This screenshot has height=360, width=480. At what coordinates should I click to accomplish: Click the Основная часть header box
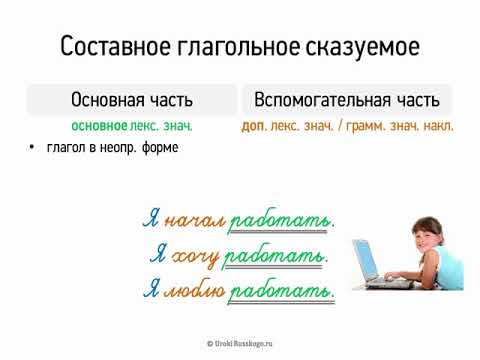click(x=132, y=100)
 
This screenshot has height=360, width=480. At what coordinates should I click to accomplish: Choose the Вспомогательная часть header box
click(x=347, y=100)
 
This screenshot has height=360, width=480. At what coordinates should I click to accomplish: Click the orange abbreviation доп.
click(x=254, y=126)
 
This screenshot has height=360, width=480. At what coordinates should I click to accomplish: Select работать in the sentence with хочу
click(x=275, y=257)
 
